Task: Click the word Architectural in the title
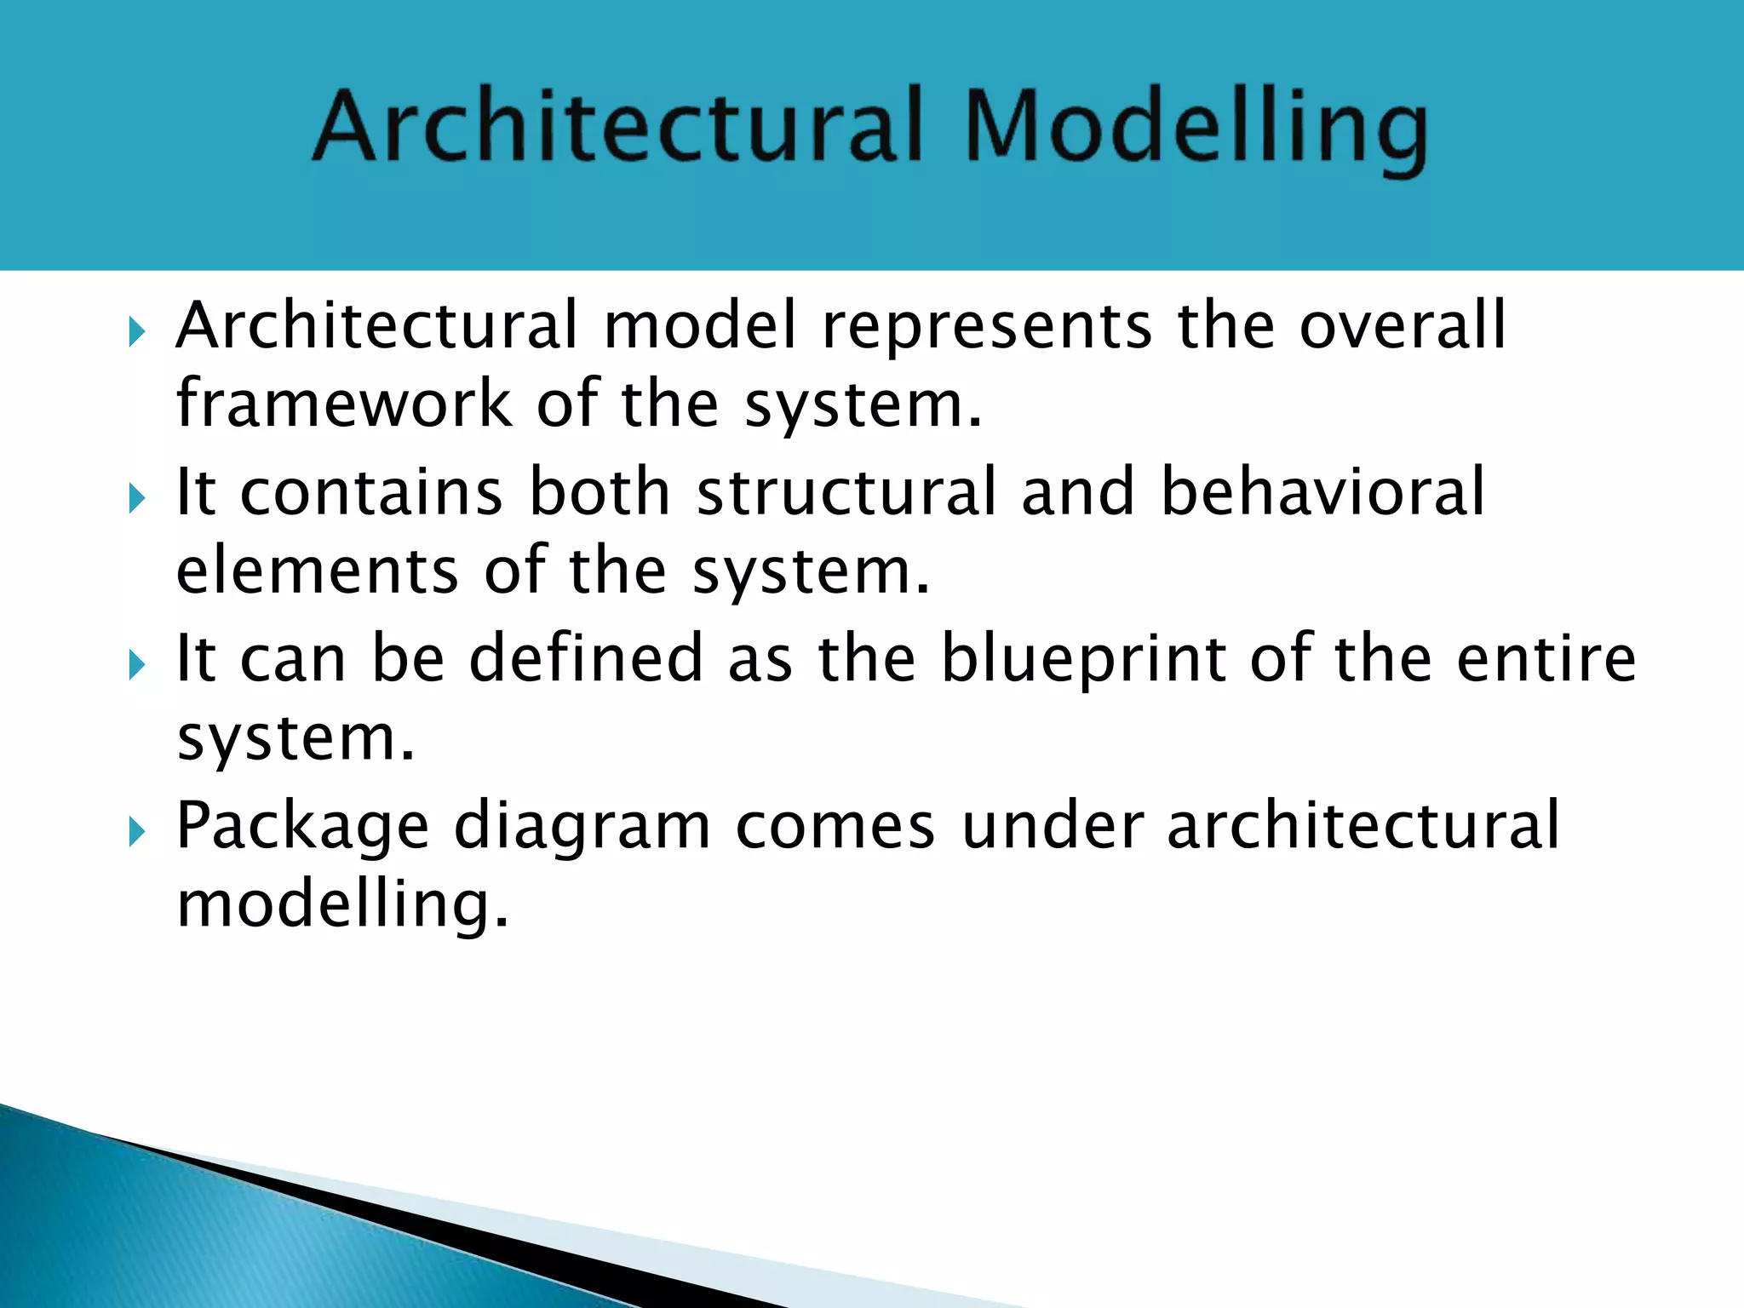pyautogui.click(x=617, y=128)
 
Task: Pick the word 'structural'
pyautogui.click(x=846, y=492)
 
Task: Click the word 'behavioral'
pyautogui.click(x=1322, y=492)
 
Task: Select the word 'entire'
pyautogui.click(x=1546, y=658)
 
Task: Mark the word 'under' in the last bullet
pyautogui.click(x=1053, y=825)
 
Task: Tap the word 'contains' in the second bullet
pyautogui.click(x=371, y=492)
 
